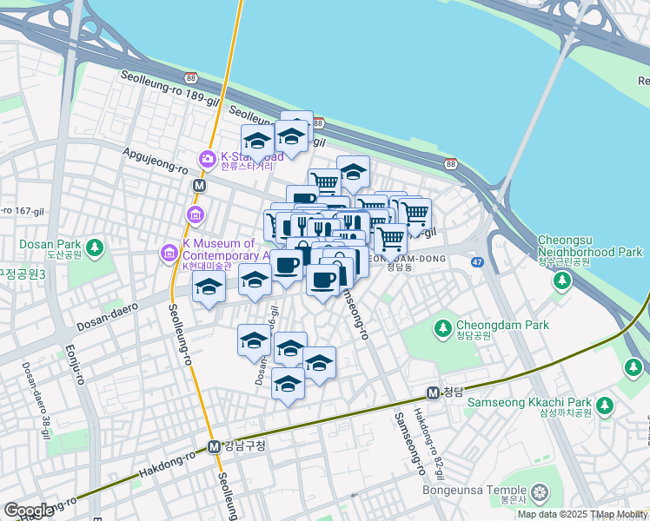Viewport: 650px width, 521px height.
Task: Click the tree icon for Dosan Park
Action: click(95, 248)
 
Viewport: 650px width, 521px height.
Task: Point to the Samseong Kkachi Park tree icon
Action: click(604, 406)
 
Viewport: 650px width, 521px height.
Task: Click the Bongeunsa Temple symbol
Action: click(541, 495)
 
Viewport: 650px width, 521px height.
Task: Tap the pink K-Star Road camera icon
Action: click(207, 158)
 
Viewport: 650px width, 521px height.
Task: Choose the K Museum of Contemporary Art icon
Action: click(169, 254)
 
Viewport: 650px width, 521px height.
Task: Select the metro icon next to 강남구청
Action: click(213, 446)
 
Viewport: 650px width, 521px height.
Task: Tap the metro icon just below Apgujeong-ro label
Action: click(199, 186)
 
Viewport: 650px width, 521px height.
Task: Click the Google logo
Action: click(29, 511)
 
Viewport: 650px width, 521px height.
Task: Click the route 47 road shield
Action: click(478, 260)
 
